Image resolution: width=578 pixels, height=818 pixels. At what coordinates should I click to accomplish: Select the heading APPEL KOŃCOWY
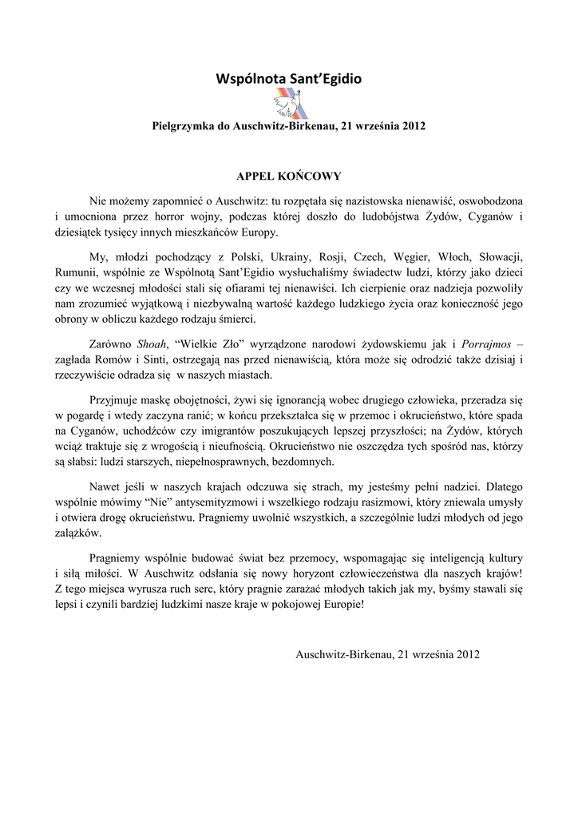point(289,173)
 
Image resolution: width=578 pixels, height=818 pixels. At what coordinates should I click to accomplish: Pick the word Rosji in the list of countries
point(327,258)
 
